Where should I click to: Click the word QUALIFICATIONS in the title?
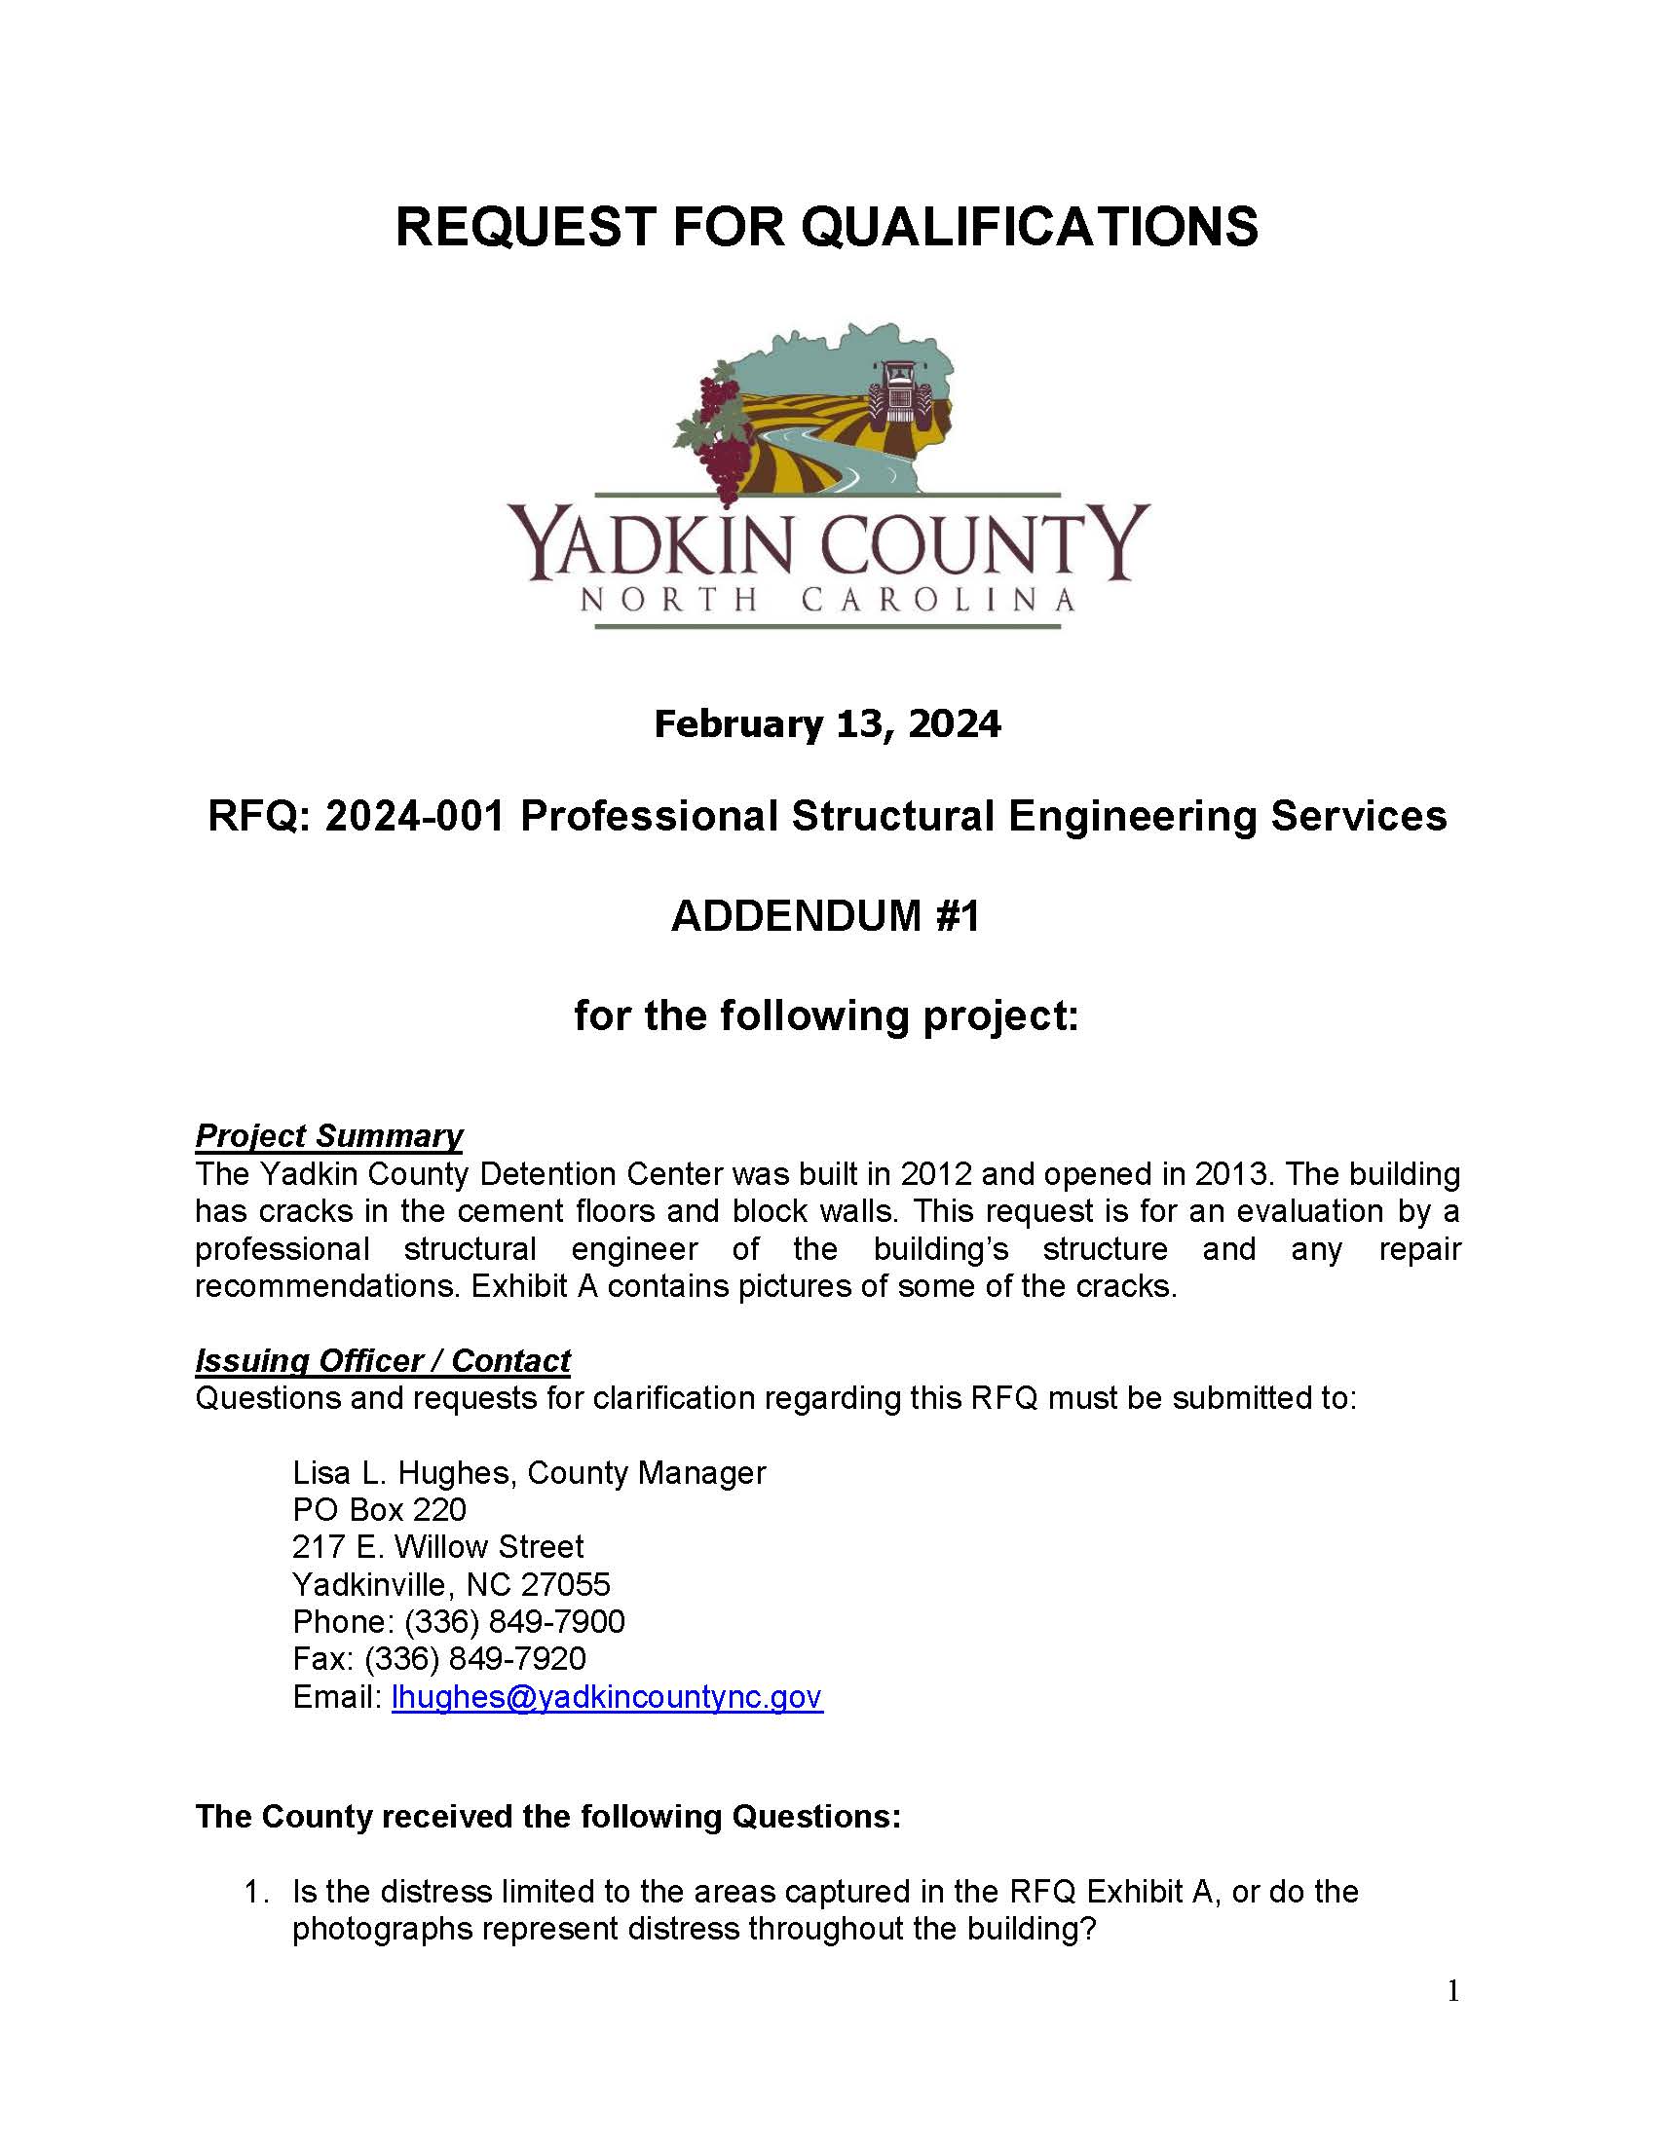click(x=1029, y=228)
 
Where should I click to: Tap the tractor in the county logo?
click(x=899, y=392)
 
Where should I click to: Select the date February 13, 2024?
click(x=827, y=724)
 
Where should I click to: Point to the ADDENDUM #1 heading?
click(x=826, y=917)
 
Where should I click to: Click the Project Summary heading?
click(x=328, y=1135)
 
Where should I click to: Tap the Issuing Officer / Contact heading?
click(x=383, y=1361)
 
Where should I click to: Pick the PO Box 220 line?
click(x=379, y=1510)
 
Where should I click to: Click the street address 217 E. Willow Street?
click(x=437, y=1548)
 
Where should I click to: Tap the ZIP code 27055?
click(x=565, y=1585)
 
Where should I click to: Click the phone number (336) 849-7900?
click(x=514, y=1622)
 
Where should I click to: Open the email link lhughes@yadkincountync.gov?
click(x=606, y=1698)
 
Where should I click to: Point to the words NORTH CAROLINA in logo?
click(x=827, y=599)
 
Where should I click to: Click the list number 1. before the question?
click(x=256, y=1892)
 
